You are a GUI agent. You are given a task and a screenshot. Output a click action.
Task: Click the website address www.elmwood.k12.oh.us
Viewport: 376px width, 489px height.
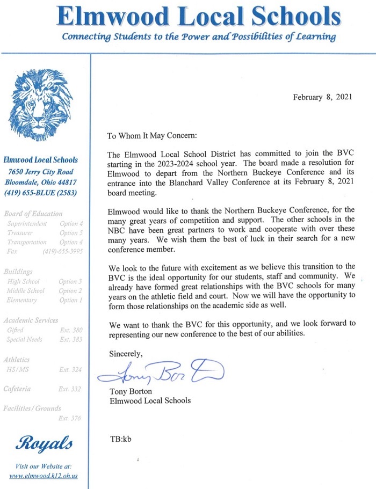(x=44, y=476)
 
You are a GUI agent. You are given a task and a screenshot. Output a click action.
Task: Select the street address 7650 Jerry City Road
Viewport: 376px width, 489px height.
(x=41, y=172)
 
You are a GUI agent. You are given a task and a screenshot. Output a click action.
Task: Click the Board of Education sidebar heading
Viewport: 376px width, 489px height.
(x=33, y=214)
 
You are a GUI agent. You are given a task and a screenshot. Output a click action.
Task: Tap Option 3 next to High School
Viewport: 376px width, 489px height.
(x=71, y=281)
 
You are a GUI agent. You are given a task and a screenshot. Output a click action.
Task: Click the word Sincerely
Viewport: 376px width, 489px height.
(x=126, y=354)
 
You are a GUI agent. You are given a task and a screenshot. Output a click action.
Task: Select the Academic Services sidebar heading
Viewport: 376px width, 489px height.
(x=31, y=320)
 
